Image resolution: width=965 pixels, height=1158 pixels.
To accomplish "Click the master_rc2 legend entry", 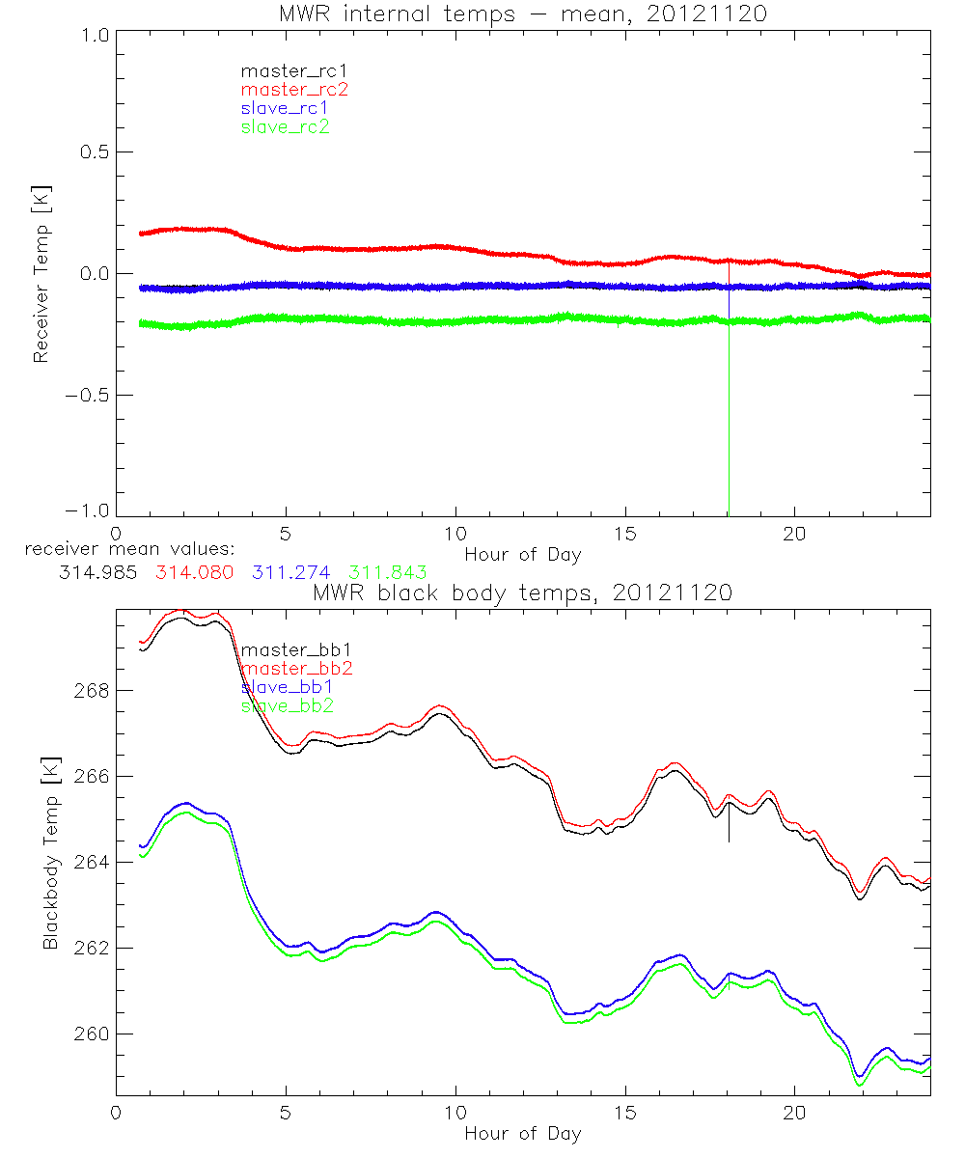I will [x=294, y=89].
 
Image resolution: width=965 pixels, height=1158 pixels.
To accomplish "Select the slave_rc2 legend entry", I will [x=285, y=126].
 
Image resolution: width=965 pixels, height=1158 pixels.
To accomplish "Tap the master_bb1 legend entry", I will [x=290, y=649].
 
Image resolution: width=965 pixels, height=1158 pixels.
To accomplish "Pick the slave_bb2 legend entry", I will [x=288, y=706].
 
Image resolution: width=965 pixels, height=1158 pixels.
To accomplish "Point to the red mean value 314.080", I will [x=192, y=572].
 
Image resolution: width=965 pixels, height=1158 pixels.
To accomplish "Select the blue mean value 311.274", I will [x=292, y=572].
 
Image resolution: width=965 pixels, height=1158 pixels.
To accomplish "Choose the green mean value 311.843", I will [x=388, y=572].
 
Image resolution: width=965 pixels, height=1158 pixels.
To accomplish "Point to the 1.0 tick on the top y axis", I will [x=95, y=35].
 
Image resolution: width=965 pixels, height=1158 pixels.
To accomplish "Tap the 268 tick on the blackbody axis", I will [x=94, y=691].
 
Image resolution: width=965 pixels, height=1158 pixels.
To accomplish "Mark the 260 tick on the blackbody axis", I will [x=94, y=1034].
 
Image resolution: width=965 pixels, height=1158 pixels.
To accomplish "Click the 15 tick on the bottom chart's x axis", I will [x=625, y=1112].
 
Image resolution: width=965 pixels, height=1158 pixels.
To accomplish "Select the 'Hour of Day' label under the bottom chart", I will [x=523, y=1133].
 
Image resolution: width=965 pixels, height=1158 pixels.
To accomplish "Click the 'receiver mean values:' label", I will [x=123, y=549].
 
